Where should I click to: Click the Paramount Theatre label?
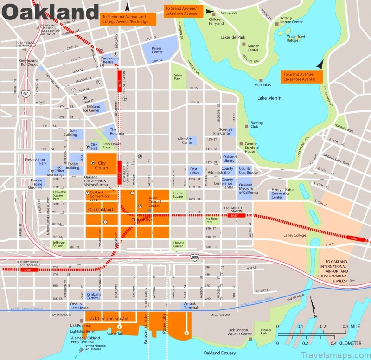coord(110,60)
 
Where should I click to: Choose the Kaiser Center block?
coord(160,49)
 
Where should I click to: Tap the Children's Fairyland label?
coord(217,22)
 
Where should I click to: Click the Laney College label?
coord(295,235)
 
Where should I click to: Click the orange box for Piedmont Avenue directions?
coord(123,19)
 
